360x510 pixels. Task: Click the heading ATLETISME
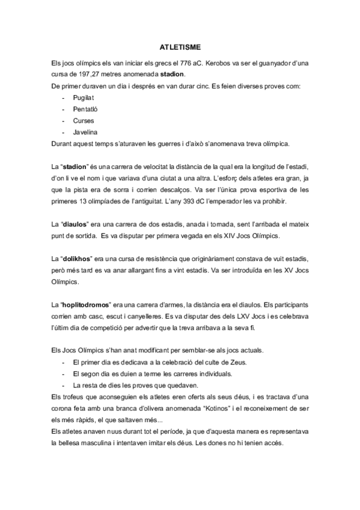pos(180,46)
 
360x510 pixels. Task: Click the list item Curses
pos(83,120)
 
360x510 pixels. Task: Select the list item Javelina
pos(85,132)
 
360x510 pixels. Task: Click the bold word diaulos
pos(76,224)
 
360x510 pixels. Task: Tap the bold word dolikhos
pos(78,258)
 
